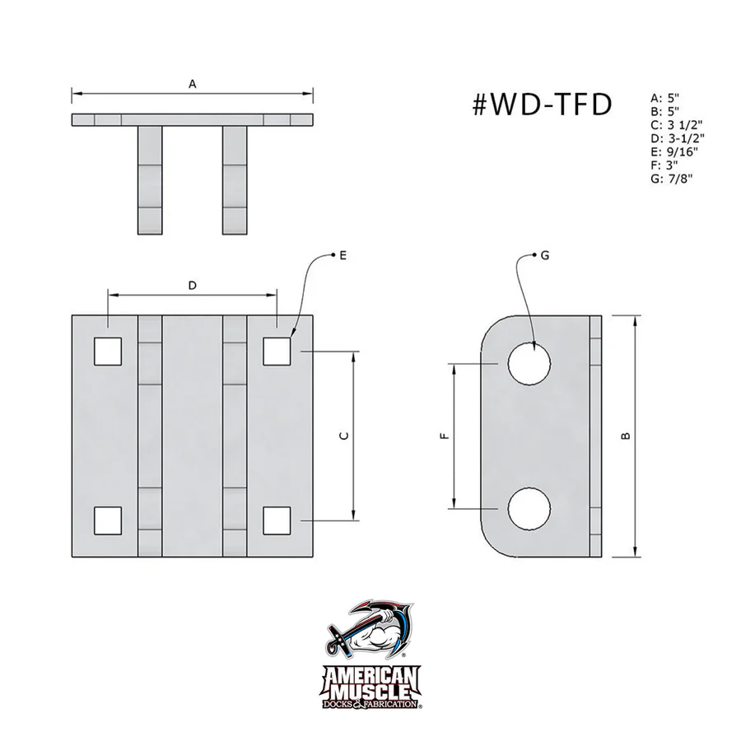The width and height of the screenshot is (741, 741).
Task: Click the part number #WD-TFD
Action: coord(543,105)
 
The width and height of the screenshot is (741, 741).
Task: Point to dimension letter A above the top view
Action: coord(193,84)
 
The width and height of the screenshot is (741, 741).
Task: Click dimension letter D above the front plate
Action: coord(192,286)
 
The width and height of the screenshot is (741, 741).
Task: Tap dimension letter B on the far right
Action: coord(626,436)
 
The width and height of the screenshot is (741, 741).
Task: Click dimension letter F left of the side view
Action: coord(445,436)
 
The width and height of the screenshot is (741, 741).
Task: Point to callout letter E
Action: coord(342,256)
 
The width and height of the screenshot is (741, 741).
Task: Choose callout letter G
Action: coord(545,256)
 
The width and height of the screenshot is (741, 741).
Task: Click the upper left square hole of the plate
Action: coord(108,351)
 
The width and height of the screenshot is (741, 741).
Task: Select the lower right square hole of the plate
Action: coord(277,520)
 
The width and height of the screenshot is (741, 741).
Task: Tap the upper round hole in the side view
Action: coord(529,363)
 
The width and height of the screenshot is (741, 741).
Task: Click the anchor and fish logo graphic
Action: coord(370,634)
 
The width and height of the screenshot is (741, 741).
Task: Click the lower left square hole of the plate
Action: coord(108,520)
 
